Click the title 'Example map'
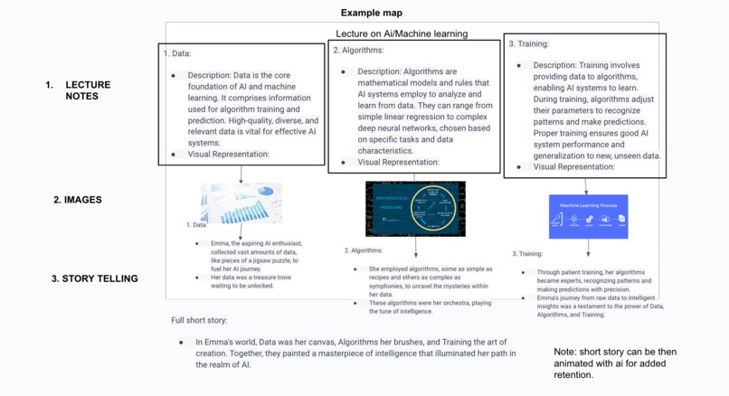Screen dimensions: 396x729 click(x=373, y=13)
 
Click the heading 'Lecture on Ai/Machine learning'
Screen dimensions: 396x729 click(x=402, y=33)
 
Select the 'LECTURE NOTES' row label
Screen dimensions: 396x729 click(x=87, y=90)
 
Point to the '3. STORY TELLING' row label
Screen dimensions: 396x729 click(x=94, y=278)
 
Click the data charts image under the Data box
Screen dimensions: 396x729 click(x=241, y=203)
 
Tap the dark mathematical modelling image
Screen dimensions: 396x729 click(x=415, y=208)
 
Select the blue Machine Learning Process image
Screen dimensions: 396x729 click(x=588, y=216)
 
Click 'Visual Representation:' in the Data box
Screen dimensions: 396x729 click(x=229, y=155)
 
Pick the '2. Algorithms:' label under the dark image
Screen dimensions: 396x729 click(x=364, y=250)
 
